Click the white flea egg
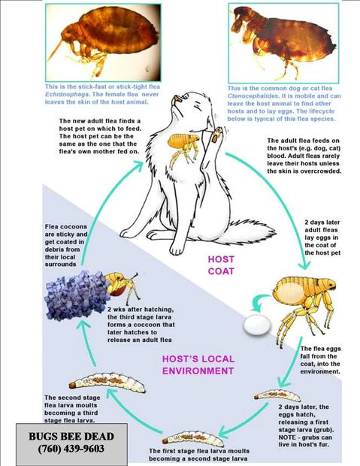[257, 325]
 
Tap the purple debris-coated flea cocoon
[76, 295]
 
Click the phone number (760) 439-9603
[71, 449]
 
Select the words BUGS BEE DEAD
[71, 436]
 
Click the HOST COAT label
[221, 265]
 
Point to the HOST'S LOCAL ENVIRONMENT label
[198, 365]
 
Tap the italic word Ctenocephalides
[253, 96]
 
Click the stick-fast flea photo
[103, 42]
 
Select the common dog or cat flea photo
[283, 43]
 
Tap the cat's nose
[178, 98]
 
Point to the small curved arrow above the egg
[258, 302]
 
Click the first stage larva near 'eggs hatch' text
[277, 395]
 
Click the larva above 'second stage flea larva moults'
[107, 382]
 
